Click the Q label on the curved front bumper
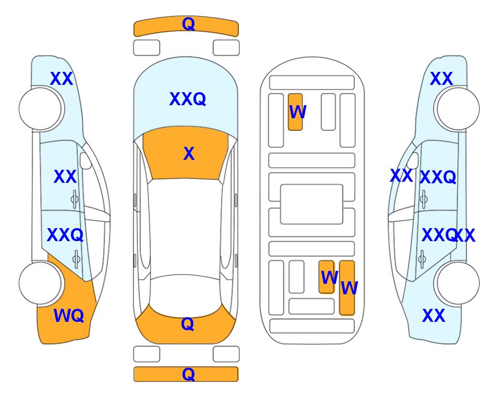[x=188, y=23]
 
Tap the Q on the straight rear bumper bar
[x=188, y=374]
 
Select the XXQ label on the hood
[x=187, y=99]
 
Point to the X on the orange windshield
[x=189, y=154]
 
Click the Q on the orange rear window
[x=187, y=324]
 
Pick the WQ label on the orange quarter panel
[x=68, y=316]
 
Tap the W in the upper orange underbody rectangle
[x=298, y=112]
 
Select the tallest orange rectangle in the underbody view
[x=347, y=287]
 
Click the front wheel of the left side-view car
[x=40, y=109]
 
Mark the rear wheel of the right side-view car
[x=458, y=283]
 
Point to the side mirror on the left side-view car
[x=85, y=160]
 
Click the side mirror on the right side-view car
[x=413, y=160]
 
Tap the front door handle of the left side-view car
[x=75, y=199]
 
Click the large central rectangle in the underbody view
[x=312, y=204]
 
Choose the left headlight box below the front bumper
[x=146, y=48]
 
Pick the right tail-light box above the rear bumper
[x=226, y=354]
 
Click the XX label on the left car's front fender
[x=62, y=79]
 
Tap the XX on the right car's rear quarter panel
[x=434, y=316]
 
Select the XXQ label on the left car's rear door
[x=65, y=235]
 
